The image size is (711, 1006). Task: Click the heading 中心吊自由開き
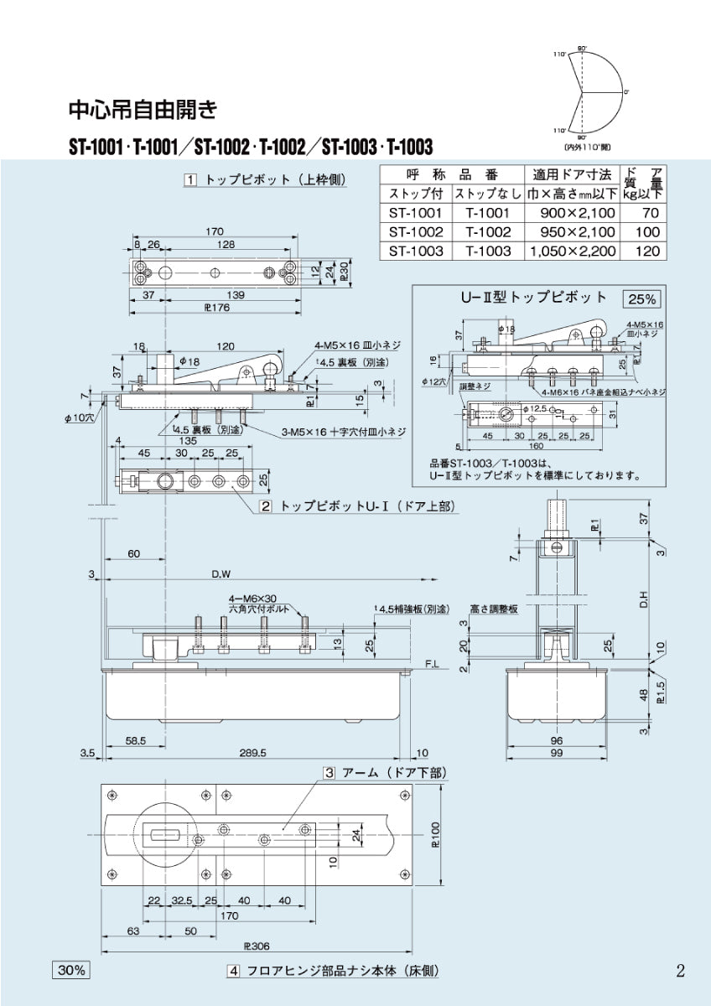(x=143, y=109)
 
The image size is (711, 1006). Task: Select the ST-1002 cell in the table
(x=416, y=232)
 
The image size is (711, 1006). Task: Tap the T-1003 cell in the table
(x=488, y=251)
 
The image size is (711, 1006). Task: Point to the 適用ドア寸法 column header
(x=572, y=174)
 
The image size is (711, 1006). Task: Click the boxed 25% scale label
(x=641, y=298)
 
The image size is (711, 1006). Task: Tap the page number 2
(x=680, y=971)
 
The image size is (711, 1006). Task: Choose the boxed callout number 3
(x=330, y=772)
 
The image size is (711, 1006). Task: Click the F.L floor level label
(x=433, y=662)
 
